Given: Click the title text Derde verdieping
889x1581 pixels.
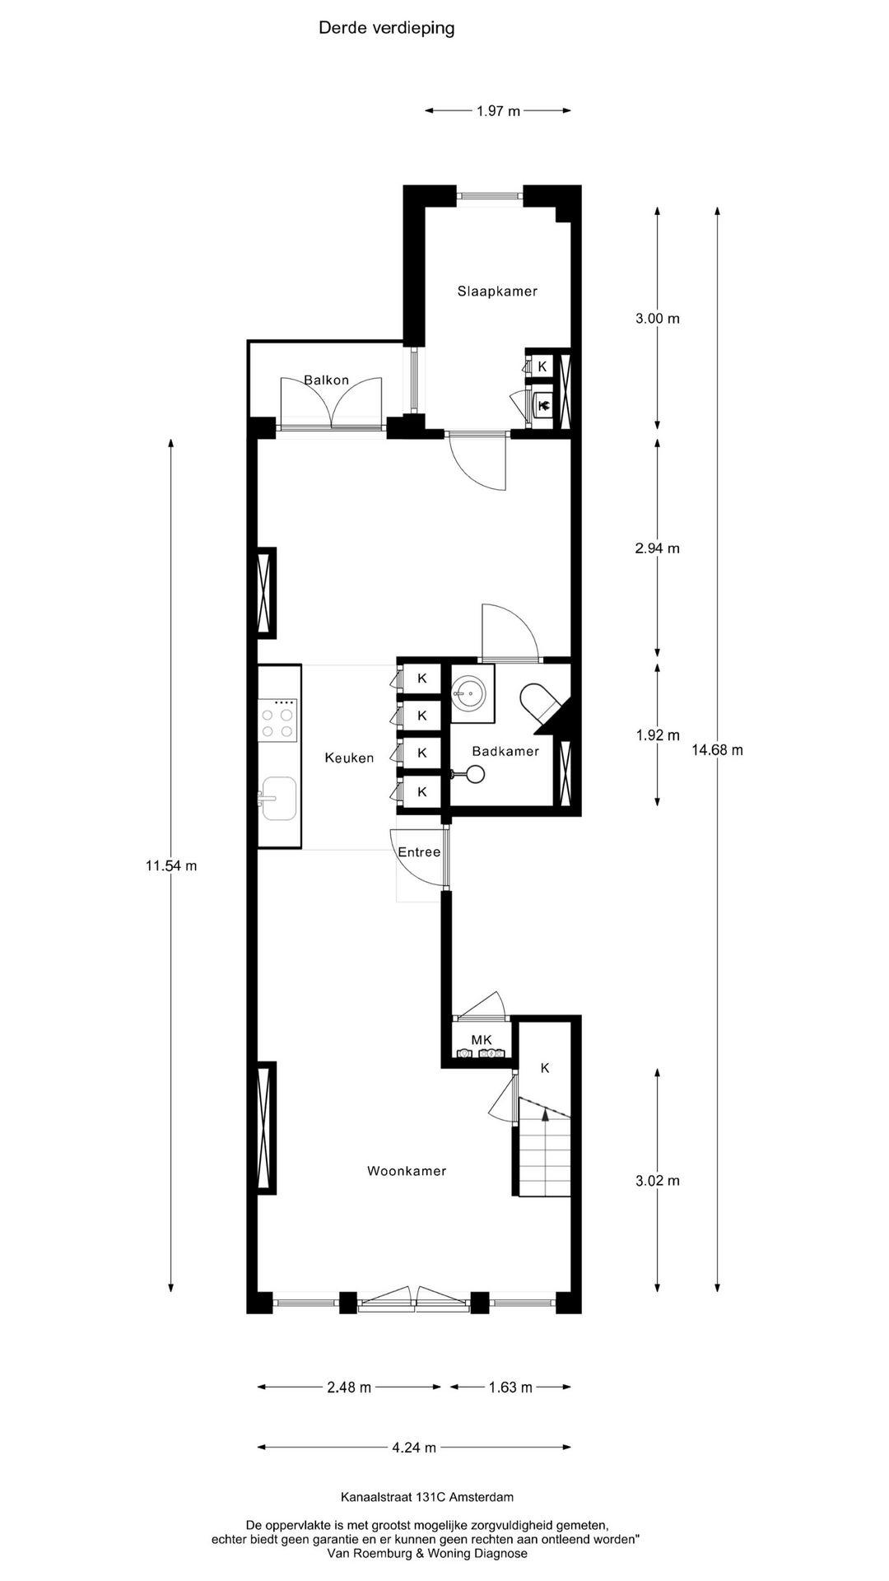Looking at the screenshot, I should coord(386,29).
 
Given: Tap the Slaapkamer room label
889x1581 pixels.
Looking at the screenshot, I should coord(497,291).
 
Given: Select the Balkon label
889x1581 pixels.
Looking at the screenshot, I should coord(326,380).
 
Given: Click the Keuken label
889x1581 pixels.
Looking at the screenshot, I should coord(349,758).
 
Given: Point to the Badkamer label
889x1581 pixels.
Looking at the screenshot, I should coord(505,751).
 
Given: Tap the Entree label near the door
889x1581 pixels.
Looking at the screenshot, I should coord(419,852).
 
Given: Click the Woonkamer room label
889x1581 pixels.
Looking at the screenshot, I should coord(407,1171).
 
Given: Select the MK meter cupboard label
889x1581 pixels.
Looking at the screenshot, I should coord(482,1040).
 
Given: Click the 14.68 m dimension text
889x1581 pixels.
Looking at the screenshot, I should coord(717,750).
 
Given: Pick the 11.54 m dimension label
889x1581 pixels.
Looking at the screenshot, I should coord(171,865).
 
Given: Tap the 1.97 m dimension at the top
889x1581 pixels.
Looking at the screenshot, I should coord(498,111).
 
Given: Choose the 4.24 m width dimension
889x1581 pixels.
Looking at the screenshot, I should coord(414,1448).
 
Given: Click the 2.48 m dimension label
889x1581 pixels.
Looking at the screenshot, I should coord(349,1387).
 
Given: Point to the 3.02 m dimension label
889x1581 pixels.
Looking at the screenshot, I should coord(657,1181).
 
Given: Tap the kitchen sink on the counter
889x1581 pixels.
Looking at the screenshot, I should coord(277,799).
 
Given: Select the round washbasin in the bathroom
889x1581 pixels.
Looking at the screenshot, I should coord(470,692).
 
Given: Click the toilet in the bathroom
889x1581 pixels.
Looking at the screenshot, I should coord(539,702).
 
